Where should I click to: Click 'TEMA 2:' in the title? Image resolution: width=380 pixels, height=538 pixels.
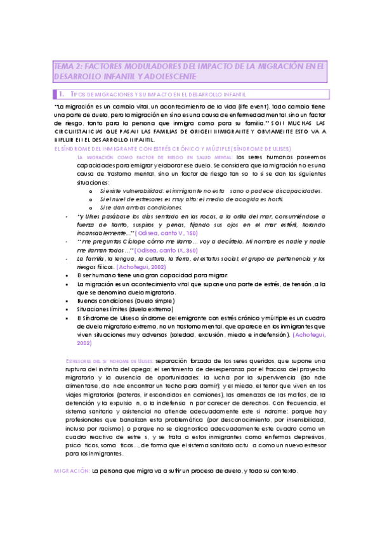pyautogui.click(x=65, y=65)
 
